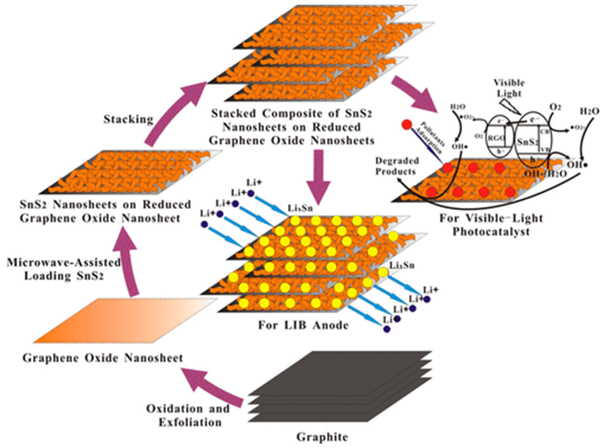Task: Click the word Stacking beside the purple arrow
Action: tap(128, 119)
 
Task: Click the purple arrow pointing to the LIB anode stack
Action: tap(319, 179)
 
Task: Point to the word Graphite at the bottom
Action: tap(322, 437)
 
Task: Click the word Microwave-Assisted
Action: tap(64, 263)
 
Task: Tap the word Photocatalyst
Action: tap(491, 232)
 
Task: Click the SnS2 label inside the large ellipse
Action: tap(527, 142)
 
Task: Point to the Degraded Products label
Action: tap(397, 166)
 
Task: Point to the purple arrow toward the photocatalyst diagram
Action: tap(413, 94)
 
